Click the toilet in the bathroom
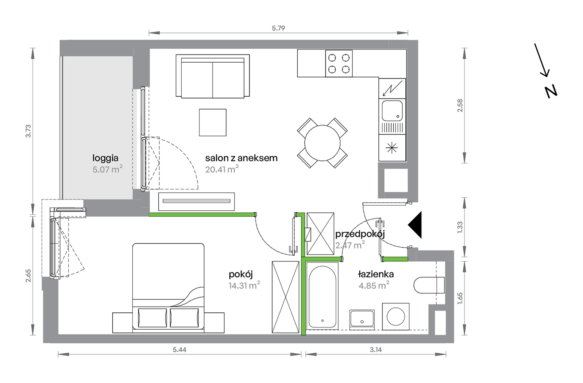(x=429, y=285)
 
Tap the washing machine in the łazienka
(x=396, y=316)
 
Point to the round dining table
(x=322, y=143)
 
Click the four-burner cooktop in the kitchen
(x=339, y=63)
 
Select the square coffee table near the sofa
(x=213, y=122)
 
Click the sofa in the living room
(x=213, y=76)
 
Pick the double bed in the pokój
(x=168, y=288)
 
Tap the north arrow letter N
(x=551, y=92)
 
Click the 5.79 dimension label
(x=278, y=28)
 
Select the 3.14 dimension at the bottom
(x=376, y=350)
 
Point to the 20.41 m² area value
(x=222, y=169)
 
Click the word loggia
(x=105, y=158)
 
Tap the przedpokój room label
(x=360, y=234)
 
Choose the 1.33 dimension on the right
(x=460, y=227)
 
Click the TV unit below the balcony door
(x=196, y=201)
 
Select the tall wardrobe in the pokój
(x=285, y=297)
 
